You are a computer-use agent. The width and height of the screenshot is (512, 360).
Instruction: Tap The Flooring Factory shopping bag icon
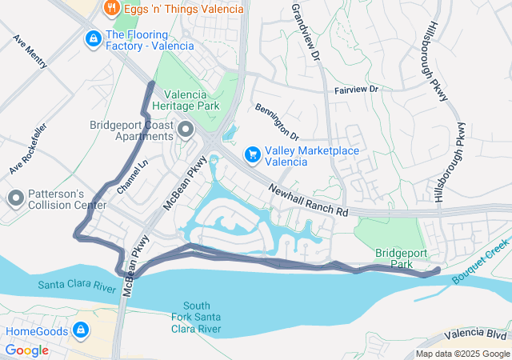pos(94,38)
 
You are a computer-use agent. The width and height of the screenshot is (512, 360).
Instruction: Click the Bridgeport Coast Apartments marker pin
pos(186,129)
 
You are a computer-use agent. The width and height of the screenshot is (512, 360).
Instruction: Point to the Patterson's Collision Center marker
pos(15,198)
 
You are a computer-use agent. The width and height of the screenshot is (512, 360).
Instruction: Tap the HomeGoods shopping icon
pos(81,330)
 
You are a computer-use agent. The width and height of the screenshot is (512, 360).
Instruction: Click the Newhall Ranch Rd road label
pos(309,199)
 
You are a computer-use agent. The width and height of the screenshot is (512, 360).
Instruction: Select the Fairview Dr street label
pos(356,89)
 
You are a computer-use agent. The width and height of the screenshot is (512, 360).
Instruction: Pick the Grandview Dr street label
pos(306,33)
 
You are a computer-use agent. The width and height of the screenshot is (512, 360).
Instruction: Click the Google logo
pos(27,350)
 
